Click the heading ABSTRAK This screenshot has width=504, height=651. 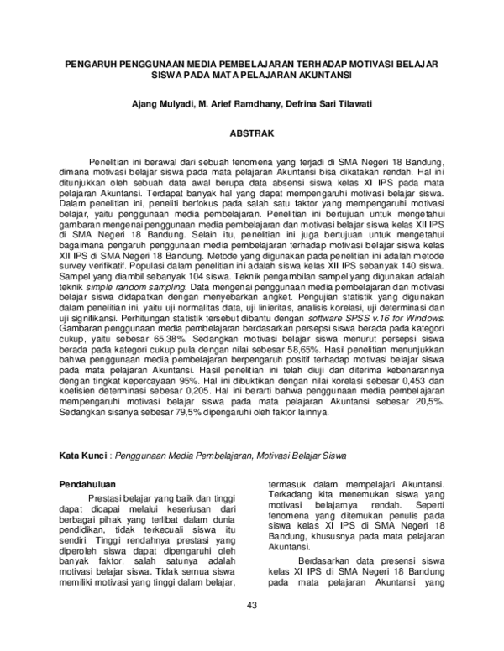click(252, 133)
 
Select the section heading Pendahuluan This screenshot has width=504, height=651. click(94, 485)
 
